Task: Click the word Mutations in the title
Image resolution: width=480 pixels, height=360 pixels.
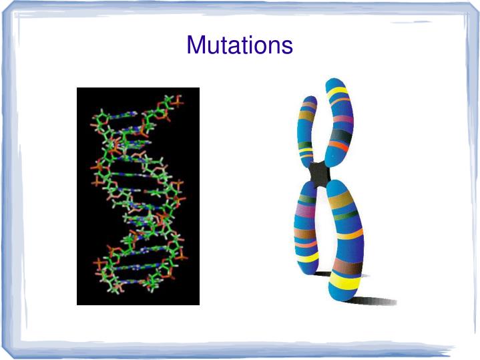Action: (240, 45)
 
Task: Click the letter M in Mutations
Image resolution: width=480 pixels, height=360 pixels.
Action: (195, 45)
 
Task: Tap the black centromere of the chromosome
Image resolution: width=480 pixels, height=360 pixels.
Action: (320, 174)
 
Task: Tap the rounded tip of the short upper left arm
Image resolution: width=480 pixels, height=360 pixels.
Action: (309, 102)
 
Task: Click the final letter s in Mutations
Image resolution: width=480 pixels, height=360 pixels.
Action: (286, 45)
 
